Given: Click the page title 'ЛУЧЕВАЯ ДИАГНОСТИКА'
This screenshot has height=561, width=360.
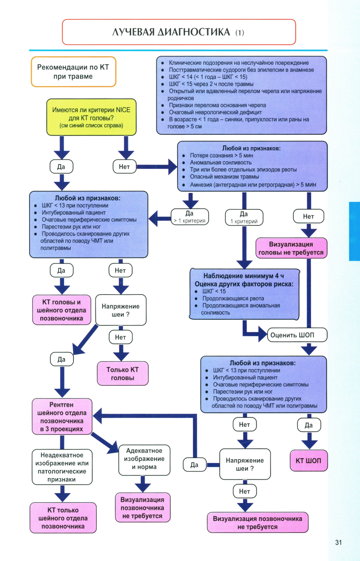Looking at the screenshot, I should [171, 32].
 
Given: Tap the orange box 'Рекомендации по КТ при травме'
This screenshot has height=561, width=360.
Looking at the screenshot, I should [73, 72].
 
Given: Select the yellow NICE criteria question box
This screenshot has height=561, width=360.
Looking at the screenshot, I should [91, 117].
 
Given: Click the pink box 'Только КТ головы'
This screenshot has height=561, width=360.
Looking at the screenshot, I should [122, 373].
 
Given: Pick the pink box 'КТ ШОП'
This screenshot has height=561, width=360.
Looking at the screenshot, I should [309, 461].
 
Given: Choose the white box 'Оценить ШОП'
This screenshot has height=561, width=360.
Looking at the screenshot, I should [297, 335].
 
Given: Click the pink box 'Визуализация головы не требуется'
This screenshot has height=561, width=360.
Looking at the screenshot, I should [291, 248].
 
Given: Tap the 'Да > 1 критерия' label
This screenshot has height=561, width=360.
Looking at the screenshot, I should [190, 217].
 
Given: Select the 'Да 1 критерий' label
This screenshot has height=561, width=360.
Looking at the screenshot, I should [244, 217].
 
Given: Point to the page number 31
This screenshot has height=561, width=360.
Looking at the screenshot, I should [338, 542].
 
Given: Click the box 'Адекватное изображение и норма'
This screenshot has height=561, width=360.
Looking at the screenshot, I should [144, 459].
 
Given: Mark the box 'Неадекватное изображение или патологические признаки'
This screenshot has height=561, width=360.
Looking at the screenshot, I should [62, 467].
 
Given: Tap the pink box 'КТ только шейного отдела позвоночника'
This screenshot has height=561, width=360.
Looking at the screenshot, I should [63, 518].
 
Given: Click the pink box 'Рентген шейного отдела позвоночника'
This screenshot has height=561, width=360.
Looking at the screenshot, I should [62, 417].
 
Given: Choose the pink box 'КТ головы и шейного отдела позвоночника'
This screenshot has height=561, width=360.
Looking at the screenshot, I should [62, 310].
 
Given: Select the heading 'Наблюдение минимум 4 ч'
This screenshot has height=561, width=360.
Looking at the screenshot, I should [243, 276].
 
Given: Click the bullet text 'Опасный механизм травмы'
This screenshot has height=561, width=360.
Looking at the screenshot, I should [224, 177].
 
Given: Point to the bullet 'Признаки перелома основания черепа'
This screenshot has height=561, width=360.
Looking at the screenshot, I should [217, 105].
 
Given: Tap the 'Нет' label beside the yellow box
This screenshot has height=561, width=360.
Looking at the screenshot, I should [124, 167].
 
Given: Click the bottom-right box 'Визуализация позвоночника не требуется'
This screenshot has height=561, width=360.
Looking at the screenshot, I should [257, 522].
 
